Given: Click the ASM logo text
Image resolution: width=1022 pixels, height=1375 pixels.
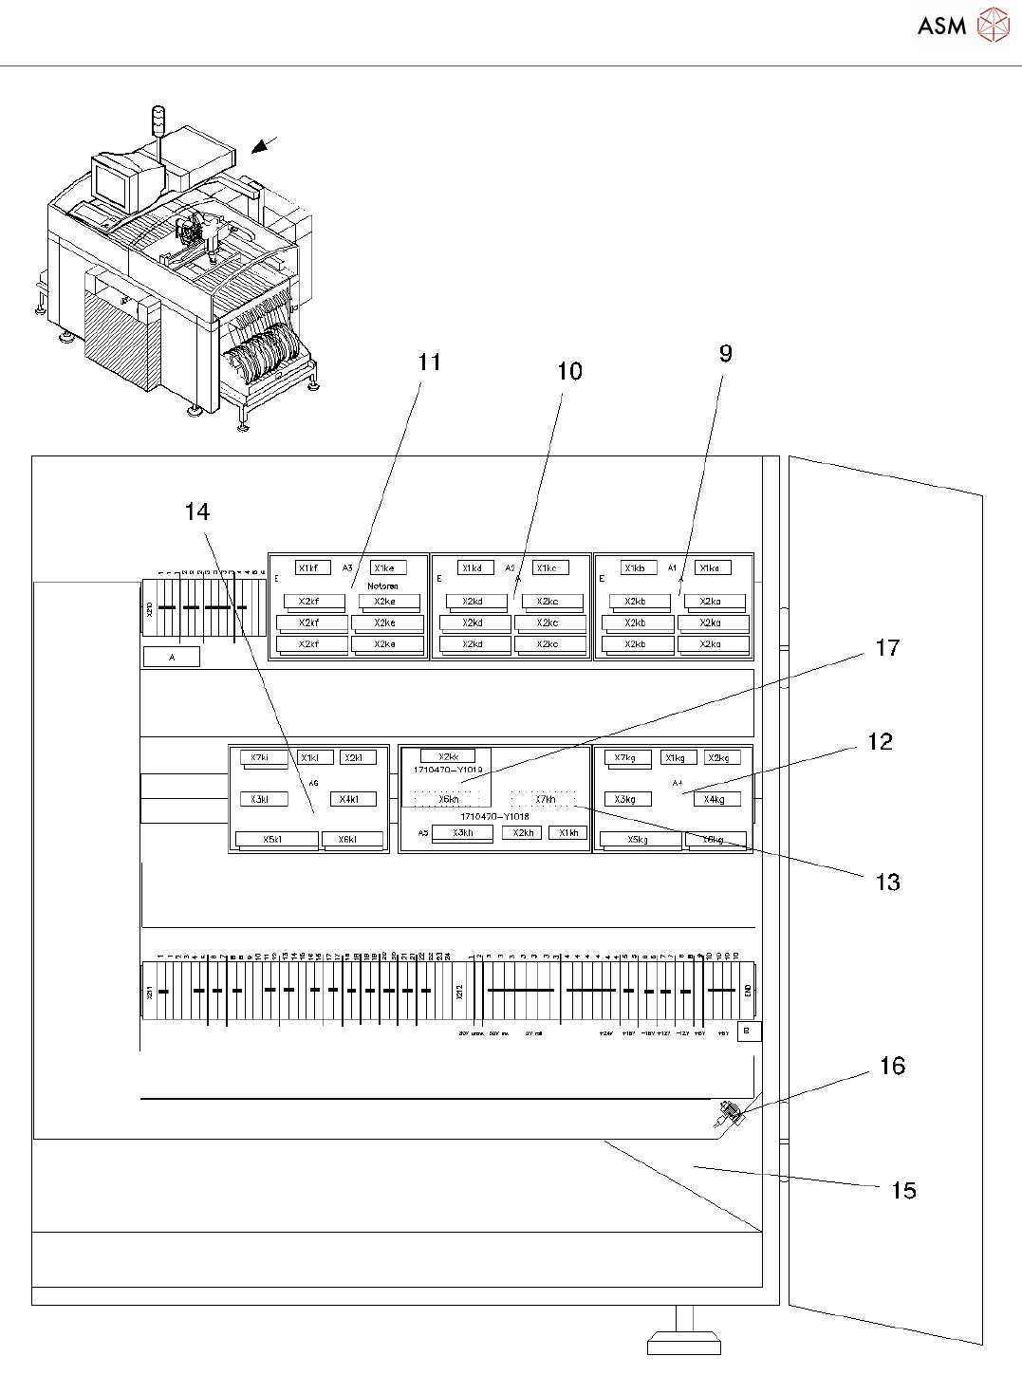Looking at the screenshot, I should pyautogui.click(x=941, y=27).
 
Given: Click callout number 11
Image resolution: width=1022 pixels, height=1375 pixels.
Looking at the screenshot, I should pyautogui.click(x=429, y=362).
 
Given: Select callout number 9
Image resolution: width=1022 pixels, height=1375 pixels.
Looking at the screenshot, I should pyautogui.click(x=725, y=354).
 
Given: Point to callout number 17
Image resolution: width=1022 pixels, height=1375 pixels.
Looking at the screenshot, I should pyautogui.click(x=887, y=648).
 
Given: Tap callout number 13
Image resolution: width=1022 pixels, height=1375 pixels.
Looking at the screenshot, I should pyautogui.click(x=887, y=883).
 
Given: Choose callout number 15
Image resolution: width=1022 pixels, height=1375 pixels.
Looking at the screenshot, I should pyautogui.click(x=903, y=1191).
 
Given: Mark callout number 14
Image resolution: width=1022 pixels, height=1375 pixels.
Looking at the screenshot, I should pyautogui.click(x=196, y=512).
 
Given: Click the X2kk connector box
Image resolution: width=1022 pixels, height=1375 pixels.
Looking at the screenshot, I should pyautogui.click(x=448, y=756).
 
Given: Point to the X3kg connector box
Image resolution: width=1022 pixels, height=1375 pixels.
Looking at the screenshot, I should pyautogui.click(x=626, y=799).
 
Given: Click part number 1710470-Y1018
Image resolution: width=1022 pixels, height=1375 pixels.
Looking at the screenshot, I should pyautogui.click(x=494, y=816).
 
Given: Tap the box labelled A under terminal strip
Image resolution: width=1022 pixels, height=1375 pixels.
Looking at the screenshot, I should pyautogui.click(x=172, y=657).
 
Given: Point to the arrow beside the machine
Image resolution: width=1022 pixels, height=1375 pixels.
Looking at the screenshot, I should pyautogui.click(x=263, y=145).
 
